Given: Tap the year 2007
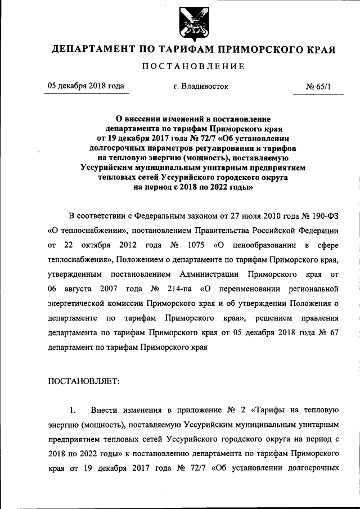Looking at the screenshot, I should pyautogui.click(x=124, y=289).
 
